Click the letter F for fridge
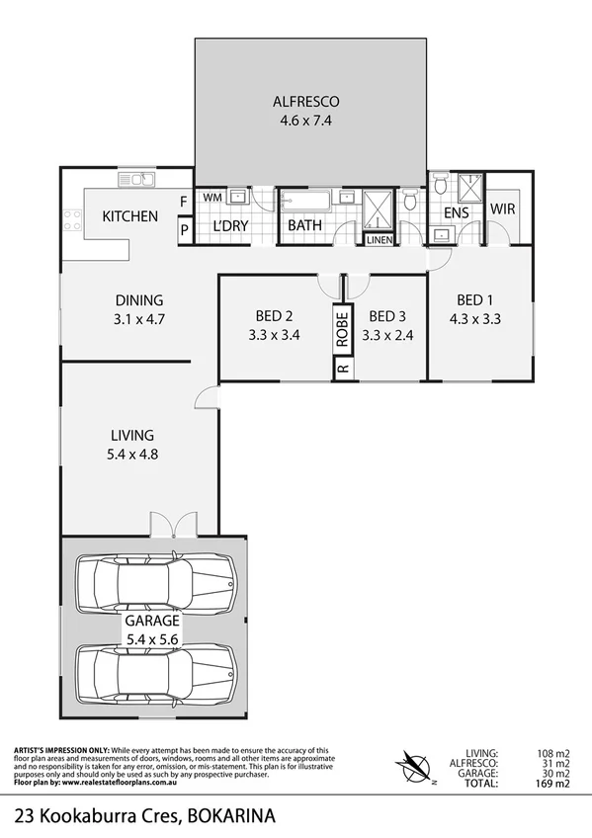tap(183, 204)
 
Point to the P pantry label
tap(183, 230)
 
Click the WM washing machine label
tap(211, 198)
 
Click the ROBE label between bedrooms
tap(342, 326)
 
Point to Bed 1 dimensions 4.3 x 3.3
tap(475, 319)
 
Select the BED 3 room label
tap(385, 316)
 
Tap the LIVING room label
tap(131, 435)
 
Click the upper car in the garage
tap(157, 583)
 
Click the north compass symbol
tap(414, 764)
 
